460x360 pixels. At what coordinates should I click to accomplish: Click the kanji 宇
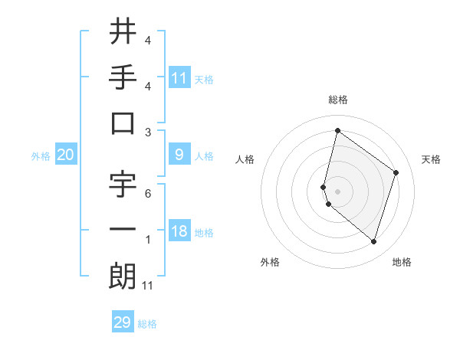pyautogui.click(x=123, y=185)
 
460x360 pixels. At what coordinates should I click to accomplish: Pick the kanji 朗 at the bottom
pyautogui.click(x=123, y=277)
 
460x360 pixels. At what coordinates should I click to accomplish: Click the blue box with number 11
pyautogui.click(x=179, y=77)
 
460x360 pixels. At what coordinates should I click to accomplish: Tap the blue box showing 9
pyautogui.click(x=179, y=155)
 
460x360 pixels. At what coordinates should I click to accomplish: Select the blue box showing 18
pyautogui.click(x=179, y=231)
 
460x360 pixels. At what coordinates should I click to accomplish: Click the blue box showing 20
pyautogui.click(x=65, y=155)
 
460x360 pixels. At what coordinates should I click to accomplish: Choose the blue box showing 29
pyautogui.click(x=123, y=322)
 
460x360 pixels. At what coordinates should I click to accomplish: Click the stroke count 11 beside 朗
pyautogui.click(x=147, y=286)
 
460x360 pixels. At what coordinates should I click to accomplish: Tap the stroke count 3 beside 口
pyautogui.click(x=147, y=133)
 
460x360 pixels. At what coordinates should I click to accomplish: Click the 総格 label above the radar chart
pyautogui.click(x=337, y=100)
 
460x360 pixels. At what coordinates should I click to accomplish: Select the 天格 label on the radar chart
pyautogui.click(x=432, y=159)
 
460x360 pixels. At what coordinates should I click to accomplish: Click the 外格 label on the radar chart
pyautogui.click(x=269, y=262)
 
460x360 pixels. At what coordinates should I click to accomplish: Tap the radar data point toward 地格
pyautogui.click(x=373, y=241)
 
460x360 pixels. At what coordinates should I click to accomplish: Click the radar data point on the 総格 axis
pyautogui.click(x=337, y=130)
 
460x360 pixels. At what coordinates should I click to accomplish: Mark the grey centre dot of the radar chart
pyautogui.click(x=337, y=190)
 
